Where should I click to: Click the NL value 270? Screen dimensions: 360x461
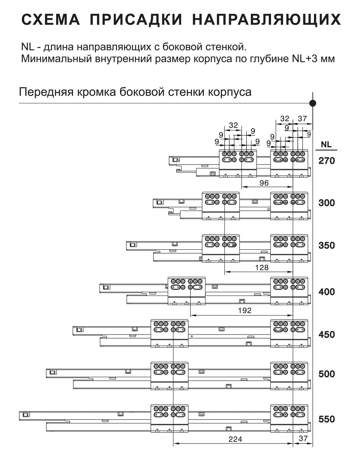(327, 161)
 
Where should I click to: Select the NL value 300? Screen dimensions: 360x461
(327, 203)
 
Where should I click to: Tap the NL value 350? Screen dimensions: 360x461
(327, 245)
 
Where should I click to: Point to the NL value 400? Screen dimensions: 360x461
(327, 292)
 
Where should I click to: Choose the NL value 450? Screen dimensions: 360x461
(327, 335)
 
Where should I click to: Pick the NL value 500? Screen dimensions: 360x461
(327, 374)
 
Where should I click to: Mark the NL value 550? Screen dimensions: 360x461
(327, 419)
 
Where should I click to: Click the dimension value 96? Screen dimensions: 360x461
(264, 183)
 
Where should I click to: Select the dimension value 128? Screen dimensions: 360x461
(262, 267)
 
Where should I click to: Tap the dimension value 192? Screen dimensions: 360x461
(245, 311)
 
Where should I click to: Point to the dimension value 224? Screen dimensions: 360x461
(235, 439)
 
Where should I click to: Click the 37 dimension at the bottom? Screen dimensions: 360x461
(303, 438)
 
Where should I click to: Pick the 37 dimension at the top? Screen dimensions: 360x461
(302, 119)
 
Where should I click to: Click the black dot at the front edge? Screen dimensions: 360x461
(313, 103)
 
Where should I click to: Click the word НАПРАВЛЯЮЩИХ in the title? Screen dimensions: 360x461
(266, 20)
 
